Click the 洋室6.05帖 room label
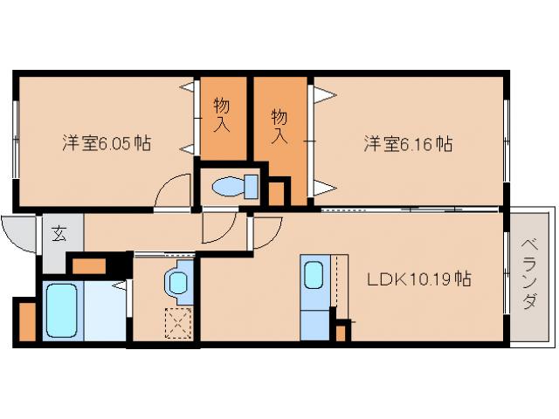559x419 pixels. (106, 143)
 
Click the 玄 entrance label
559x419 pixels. (60, 233)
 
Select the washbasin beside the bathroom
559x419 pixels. (177, 281)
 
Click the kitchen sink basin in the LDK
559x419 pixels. (314, 275)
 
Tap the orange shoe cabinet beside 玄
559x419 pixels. (88, 263)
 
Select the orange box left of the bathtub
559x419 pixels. (25, 320)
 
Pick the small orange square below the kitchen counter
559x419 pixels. (341, 333)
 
